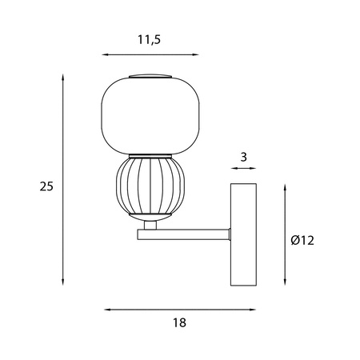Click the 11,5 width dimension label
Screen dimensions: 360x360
(x=150, y=40)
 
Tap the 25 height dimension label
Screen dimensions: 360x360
(x=46, y=186)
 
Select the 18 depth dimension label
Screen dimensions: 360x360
(x=179, y=322)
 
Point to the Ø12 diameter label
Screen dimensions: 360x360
(x=302, y=241)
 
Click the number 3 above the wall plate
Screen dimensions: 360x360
(x=243, y=158)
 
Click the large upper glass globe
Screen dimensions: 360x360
(x=150, y=116)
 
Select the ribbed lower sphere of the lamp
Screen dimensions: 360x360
(x=150, y=186)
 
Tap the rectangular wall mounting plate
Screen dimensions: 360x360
(x=243, y=234)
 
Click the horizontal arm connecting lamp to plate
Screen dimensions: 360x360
(x=183, y=234)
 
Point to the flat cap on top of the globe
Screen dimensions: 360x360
(x=150, y=76)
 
